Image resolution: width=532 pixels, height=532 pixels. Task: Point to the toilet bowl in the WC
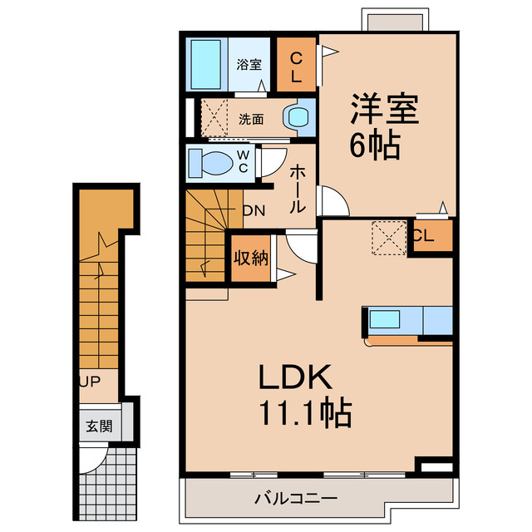coord(213,161)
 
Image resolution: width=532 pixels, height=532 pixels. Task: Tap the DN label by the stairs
coord(254,210)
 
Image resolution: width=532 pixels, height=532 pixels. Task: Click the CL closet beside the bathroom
coord(296,65)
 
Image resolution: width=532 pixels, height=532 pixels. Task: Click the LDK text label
coord(293,378)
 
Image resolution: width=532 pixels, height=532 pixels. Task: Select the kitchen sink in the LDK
coord(385,320)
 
